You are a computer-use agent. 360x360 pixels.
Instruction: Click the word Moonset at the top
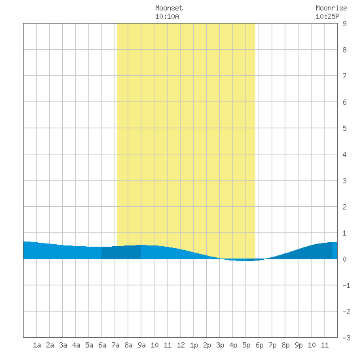click(x=169, y=8)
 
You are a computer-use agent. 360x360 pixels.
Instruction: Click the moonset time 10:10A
click(x=167, y=16)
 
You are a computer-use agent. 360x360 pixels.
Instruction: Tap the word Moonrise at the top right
click(x=331, y=8)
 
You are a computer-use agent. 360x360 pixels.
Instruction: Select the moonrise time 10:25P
click(x=327, y=16)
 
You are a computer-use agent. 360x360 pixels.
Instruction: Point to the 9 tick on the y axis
click(x=344, y=24)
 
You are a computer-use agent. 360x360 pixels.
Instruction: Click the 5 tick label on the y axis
click(x=344, y=128)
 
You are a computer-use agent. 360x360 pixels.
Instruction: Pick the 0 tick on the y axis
click(x=344, y=259)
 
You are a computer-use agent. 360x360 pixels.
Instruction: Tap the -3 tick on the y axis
click(x=346, y=338)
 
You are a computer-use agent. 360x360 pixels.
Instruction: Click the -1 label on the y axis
click(x=346, y=285)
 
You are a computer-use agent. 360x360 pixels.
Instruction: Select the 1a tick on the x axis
click(x=37, y=345)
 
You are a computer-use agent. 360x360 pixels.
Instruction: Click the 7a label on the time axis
click(x=115, y=345)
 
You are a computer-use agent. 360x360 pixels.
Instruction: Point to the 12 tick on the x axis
click(x=181, y=345)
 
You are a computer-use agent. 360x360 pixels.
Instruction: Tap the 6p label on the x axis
click(x=259, y=345)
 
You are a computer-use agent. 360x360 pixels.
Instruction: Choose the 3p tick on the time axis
click(x=220, y=345)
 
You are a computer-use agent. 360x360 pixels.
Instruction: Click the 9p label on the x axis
click(x=298, y=345)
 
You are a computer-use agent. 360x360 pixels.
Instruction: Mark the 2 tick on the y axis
click(x=344, y=207)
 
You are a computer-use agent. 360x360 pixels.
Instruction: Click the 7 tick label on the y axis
click(x=344, y=76)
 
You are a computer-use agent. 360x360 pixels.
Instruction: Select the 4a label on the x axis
click(x=76, y=345)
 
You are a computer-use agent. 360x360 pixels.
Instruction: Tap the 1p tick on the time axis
click(x=194, y=345)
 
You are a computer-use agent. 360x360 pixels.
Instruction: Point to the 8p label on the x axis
click(x=285, y=345)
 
